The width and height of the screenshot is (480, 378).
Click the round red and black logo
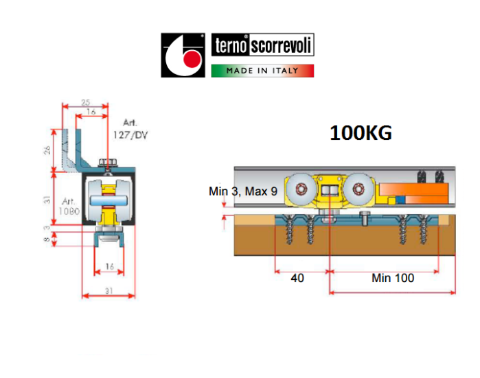pyautogui.click(x=183, y=54)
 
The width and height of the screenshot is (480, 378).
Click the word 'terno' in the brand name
pyautogui.click(x=231, y=46)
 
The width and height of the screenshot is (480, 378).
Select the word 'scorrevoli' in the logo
pyautogui.click(x=282, y=46)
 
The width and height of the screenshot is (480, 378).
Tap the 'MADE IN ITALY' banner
pyautogui.click(x=262, y=70)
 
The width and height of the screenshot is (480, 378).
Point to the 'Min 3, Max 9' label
pyautogui.click(x=243, y=191)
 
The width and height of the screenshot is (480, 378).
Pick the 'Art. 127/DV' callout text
pyautogui.click(x=130, y=130)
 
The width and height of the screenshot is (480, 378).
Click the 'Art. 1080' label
pyautogui.click(x=69, y=206)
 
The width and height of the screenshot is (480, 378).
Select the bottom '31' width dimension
pyautogui.click(x=108, y=291)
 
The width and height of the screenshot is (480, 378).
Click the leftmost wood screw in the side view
pyautogui.click(x=288, y=230)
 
